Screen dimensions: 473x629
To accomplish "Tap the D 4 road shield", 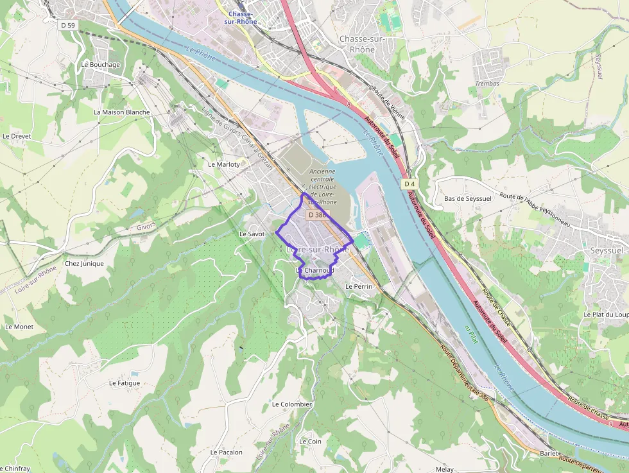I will [409, 184].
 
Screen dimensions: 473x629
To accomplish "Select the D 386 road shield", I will [316, 215].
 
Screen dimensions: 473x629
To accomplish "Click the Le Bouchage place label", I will [101, 65].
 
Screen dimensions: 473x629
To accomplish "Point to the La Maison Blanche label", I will [121, 112].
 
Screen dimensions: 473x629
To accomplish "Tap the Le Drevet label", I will [17, 136].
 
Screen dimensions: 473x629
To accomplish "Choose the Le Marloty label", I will [224, 164].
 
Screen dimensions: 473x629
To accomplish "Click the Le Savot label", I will [252, 234].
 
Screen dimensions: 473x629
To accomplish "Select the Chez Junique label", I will [84, 263].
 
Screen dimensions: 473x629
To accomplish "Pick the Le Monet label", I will [19, 327].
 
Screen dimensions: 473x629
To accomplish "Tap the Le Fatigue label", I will [125, 383].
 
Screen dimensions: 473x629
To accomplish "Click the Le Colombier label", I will [292, 404].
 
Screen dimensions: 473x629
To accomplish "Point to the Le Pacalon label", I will [227, 452].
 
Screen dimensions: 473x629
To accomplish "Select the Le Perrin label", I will [359, 286].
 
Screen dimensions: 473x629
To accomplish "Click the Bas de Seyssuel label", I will [467, 198].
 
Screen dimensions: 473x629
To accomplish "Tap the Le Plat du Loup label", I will [606, 314].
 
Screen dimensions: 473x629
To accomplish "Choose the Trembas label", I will [488, 83].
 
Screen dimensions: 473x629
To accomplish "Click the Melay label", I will [444, 469].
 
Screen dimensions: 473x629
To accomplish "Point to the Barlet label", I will [549, 453].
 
